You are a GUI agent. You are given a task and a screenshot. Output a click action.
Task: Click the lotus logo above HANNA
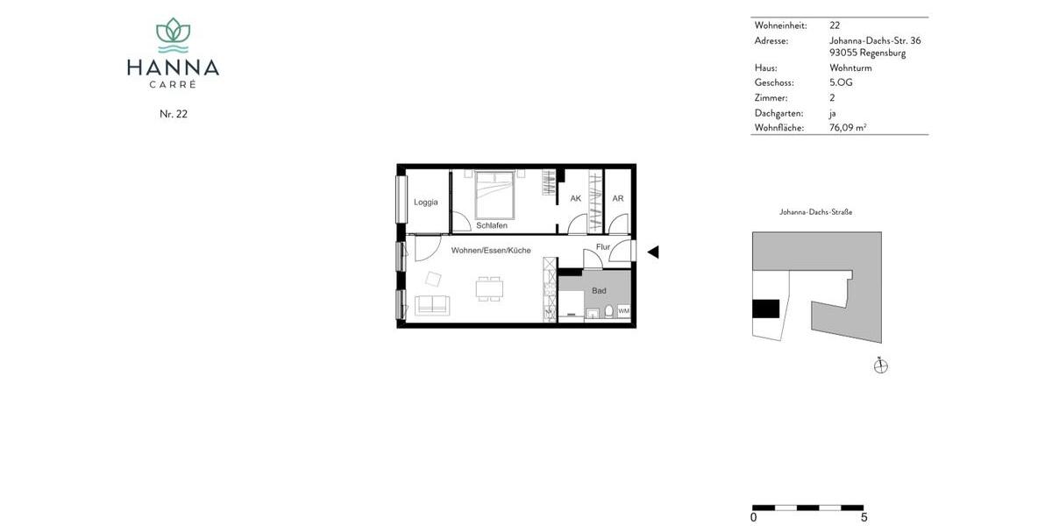point(173,36)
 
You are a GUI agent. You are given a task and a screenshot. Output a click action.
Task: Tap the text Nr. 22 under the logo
point(173,114)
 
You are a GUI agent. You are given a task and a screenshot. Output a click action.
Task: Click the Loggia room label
point(425,203)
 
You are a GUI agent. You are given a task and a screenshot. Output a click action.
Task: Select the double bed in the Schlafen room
point(495,195)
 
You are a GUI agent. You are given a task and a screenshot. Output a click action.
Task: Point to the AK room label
point(575,199)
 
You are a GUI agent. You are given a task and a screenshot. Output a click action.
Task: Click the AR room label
point(617,199)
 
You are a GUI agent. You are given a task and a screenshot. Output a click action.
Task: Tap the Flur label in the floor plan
point(602,247)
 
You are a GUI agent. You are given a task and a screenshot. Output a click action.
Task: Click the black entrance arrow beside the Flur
point(652,252)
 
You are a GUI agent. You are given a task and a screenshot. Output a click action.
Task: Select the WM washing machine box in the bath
point(623,311)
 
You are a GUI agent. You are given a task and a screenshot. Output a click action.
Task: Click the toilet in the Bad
point(606,311)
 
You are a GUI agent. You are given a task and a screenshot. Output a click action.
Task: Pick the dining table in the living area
point(489,288)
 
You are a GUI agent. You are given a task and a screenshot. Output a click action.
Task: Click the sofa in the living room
point(431,306)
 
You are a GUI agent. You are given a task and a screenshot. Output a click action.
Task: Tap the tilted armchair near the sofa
point(434,279)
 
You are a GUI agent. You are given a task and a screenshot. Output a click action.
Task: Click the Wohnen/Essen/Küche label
point(490,251)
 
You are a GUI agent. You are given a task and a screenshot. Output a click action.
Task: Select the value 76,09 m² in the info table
point(848,128)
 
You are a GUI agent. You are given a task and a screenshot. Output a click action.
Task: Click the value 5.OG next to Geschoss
point(841,82)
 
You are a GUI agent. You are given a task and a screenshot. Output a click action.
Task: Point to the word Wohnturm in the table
point(850,68)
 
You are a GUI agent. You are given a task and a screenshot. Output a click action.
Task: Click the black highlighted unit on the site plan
point(765,309)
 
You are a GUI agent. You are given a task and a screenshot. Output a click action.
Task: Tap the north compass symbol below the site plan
point(881,366)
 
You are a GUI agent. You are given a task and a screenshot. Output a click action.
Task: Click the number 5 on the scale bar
point(864,518)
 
